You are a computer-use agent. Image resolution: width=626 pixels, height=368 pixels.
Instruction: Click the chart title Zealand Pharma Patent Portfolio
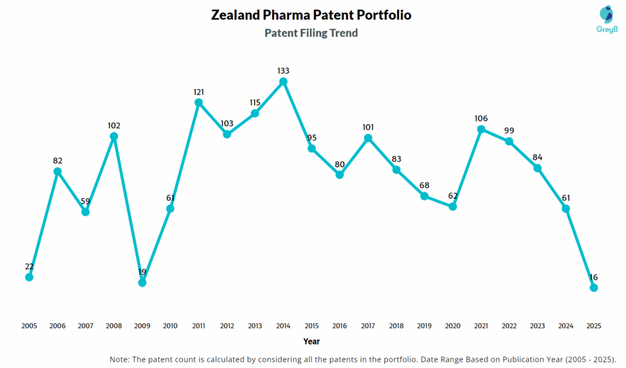point(311,15)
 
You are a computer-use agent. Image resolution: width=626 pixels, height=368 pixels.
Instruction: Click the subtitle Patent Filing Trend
point(311,33)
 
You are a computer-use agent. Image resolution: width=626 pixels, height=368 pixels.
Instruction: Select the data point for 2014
point(283,81)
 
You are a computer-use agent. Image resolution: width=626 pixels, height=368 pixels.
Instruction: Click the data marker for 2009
point(142,282)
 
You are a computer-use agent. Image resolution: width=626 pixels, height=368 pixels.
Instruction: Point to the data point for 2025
point(594,287)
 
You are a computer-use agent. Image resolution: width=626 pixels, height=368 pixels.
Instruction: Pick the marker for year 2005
point(29,277)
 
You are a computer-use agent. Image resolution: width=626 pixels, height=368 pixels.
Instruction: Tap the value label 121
point(199,92)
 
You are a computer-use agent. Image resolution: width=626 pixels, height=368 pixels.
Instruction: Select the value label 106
point(481,118)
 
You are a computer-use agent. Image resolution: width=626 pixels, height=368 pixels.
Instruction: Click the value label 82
point(57,160)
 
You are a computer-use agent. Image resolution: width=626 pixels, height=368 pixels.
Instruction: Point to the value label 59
point(86,201)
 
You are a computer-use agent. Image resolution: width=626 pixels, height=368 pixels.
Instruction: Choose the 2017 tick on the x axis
point(368,326)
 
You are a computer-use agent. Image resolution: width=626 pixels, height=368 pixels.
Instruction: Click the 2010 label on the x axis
point(171,326)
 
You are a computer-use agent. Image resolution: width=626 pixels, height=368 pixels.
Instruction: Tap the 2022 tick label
point(509,326)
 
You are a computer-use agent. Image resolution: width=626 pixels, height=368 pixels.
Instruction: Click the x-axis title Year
point(311,341)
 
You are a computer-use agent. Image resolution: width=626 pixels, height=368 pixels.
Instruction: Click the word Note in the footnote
point(120,359)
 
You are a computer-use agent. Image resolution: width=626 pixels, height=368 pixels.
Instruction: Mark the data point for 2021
point(481,129)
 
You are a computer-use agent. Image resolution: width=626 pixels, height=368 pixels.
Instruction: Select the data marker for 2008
point(114,136)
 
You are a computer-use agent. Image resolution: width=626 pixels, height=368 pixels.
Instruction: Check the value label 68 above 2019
point(424,185)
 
